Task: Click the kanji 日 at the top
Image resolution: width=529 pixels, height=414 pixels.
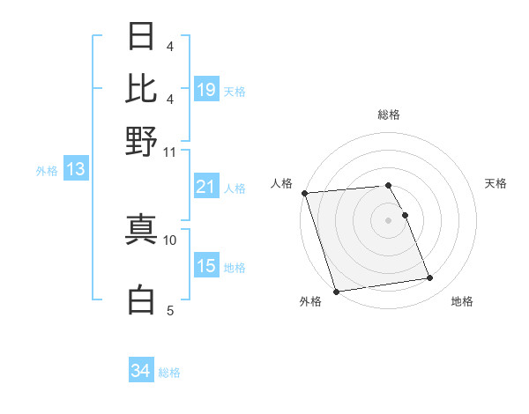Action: point(142,37)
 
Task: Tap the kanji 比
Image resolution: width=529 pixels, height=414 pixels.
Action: point(142,88)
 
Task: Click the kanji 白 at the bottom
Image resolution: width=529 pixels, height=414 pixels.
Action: point(142,299)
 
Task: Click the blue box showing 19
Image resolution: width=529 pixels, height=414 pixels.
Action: point(206,90)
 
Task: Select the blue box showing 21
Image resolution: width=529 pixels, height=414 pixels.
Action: point(206,187)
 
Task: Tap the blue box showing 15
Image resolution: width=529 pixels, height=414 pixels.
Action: point(206,266)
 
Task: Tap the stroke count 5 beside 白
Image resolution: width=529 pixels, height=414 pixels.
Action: point(169,310)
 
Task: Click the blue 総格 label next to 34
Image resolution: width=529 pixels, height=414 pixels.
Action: point(169,373)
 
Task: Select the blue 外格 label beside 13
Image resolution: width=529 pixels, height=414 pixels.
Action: point(47,171)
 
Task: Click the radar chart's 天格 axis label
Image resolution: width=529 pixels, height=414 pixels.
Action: point(495,183)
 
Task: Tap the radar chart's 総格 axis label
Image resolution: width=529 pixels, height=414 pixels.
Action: point(389,115)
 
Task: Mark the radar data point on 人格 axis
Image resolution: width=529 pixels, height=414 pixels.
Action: point(304,193)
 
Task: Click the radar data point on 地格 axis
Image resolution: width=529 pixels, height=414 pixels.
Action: point(429,278)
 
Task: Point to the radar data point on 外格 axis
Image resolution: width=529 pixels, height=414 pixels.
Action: point(336,291)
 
